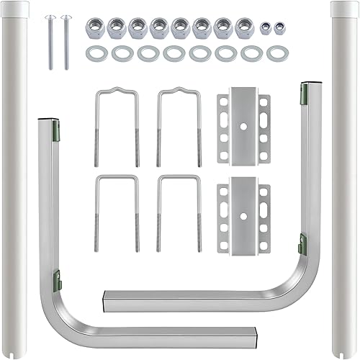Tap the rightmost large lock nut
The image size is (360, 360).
pyautogui.click(x=245, y=27)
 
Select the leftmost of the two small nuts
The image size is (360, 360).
pyautogui.click(x=266, y=27)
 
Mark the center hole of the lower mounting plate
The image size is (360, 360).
pyautogui.click(x=243, y=211)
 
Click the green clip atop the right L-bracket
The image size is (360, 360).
pyautogui.click(x=304, y=91)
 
